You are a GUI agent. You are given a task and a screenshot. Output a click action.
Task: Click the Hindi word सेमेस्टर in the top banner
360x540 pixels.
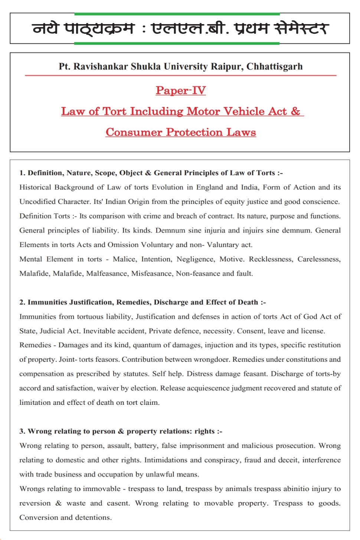click(301, 29)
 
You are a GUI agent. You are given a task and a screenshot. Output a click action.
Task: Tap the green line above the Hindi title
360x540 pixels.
click(177, 14)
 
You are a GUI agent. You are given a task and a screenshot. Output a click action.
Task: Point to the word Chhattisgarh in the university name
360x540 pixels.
click(275, 66)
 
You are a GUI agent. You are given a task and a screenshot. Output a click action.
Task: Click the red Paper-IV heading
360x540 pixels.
click(180, 90)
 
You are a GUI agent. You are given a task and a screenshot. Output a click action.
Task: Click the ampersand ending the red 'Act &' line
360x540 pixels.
click(295, 111)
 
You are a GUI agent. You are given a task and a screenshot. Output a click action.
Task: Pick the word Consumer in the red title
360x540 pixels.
click(134, 132)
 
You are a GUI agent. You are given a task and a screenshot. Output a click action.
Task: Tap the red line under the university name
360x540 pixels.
click(180, 75)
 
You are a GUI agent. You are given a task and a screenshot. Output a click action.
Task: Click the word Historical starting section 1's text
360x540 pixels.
click(35, 187)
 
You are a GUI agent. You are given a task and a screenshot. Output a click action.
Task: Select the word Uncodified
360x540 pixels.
click(37, 202)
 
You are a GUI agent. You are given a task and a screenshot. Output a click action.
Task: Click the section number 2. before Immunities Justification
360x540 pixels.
click(22, 302)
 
